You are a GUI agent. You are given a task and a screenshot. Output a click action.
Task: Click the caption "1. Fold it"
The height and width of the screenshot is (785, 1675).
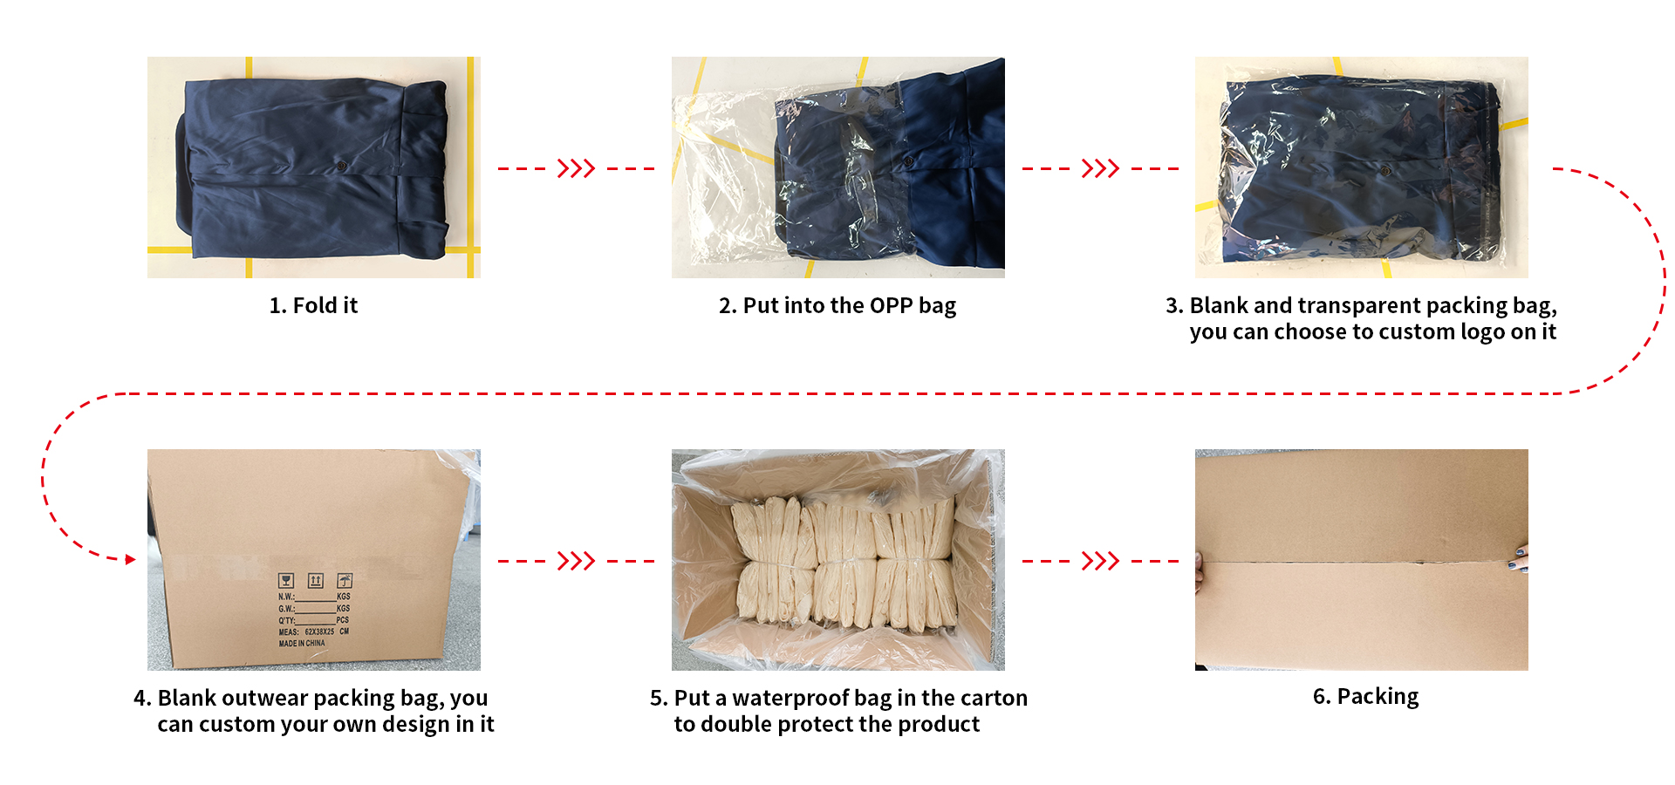click(313, 305)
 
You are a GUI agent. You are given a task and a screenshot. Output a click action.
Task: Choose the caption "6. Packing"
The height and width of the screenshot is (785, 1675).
click(1365, 697)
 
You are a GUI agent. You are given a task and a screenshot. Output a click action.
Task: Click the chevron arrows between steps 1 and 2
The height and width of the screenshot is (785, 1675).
click(576, 168)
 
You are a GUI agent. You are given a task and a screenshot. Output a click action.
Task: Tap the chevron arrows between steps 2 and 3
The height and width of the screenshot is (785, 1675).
click(1100, 168)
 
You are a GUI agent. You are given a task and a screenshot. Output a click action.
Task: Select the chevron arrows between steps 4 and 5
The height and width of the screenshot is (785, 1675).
click(576, 561)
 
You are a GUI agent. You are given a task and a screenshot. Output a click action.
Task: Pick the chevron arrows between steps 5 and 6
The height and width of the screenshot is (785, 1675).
click(1100, 561)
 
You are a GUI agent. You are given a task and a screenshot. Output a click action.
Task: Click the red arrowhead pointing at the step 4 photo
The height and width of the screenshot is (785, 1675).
click(131, 559)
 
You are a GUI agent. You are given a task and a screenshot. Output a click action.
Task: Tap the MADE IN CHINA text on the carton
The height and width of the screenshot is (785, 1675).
click(302, 644)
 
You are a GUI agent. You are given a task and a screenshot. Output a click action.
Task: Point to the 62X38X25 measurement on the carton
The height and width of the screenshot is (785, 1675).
click(319, 631)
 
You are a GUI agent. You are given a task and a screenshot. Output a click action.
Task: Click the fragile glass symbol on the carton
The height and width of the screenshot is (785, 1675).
click(286, 581)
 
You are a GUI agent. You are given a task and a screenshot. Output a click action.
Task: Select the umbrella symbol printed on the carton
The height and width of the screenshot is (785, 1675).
click(345, 581)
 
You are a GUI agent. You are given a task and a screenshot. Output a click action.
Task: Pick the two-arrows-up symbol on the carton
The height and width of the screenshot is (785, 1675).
click(316, 581)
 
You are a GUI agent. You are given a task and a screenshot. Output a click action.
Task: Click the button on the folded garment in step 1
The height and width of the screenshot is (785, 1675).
click(342, 166)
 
